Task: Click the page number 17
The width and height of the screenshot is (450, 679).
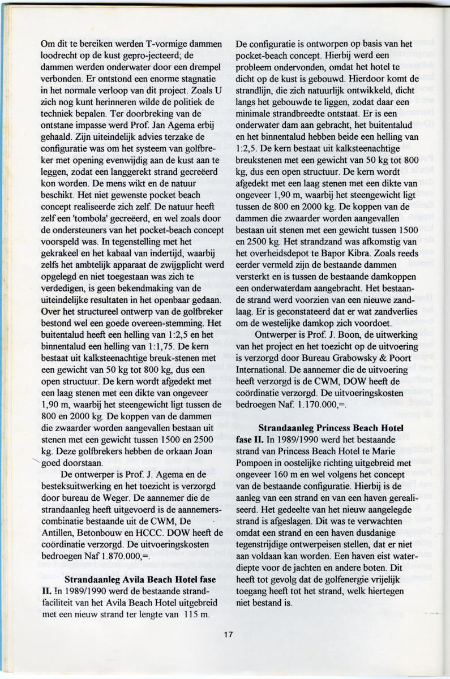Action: [228, 634]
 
